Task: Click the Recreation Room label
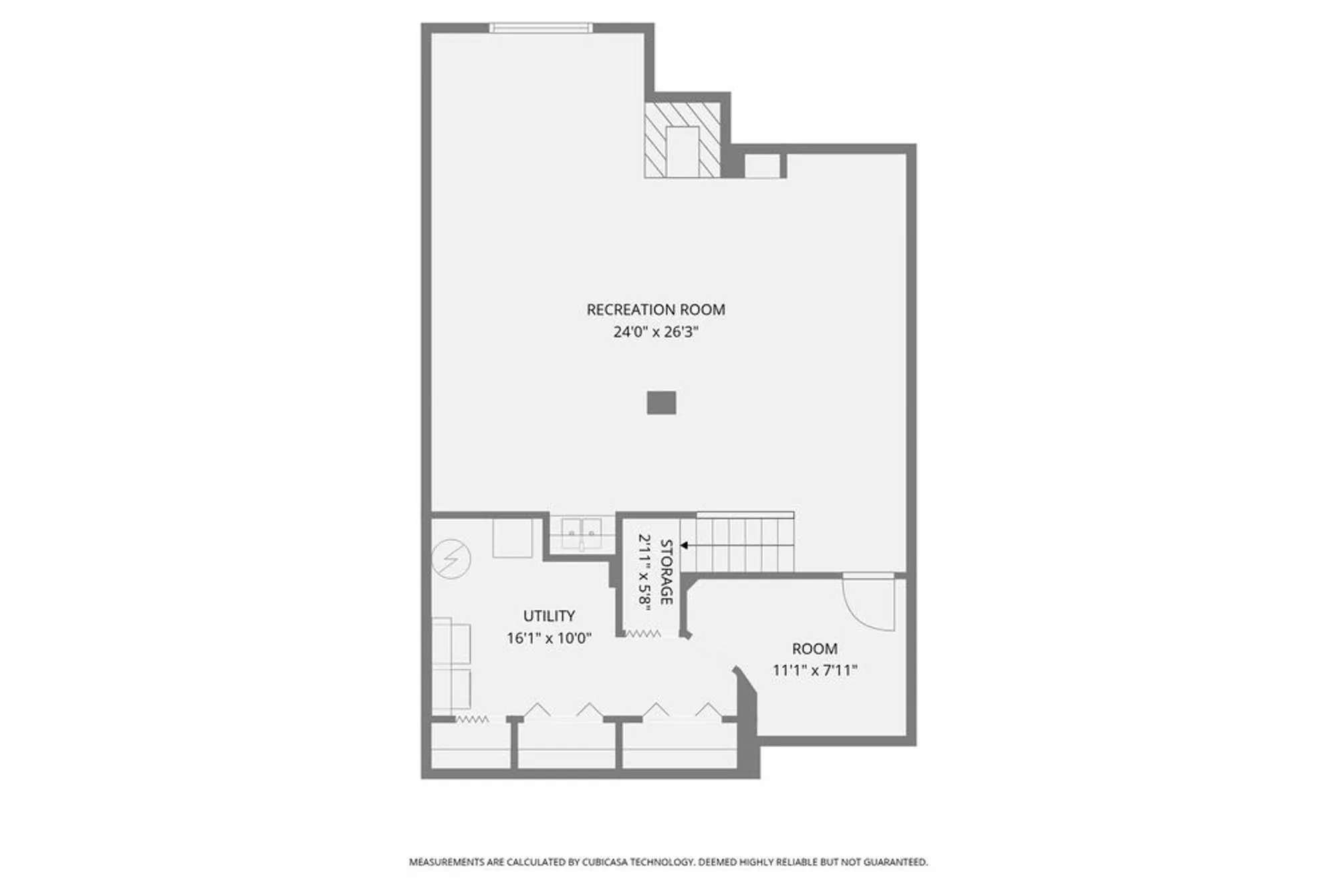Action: tap(655, 310)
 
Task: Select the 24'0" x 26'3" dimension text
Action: tap(655, 332)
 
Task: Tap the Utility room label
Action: tap(549, 616)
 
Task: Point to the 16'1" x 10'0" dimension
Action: tap(549, 638)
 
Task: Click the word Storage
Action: tap(666, 572)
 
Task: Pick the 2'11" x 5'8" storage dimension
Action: tap(644, 572)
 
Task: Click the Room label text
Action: tap(814, 649)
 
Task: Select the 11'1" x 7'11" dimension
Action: tap(814, 670)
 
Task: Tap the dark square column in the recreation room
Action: tap(661, 403)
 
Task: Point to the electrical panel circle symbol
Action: tap(451, 558)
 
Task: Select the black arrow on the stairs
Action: tap(685, 546)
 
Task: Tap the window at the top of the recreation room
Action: tap(541, 27)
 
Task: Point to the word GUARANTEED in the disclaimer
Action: tap(895, 862)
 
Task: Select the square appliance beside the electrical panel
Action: tap(512, 538)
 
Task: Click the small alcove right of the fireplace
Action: tap(761, 166)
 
